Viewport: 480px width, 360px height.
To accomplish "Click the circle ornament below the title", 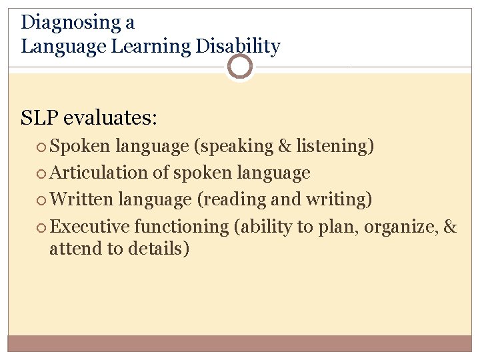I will point(240,67).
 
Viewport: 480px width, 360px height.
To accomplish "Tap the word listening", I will point(339,147).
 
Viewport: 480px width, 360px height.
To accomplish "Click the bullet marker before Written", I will point(43,200).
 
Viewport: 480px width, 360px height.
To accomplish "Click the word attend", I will point(71,249).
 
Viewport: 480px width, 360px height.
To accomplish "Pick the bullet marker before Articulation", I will point(43,173).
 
